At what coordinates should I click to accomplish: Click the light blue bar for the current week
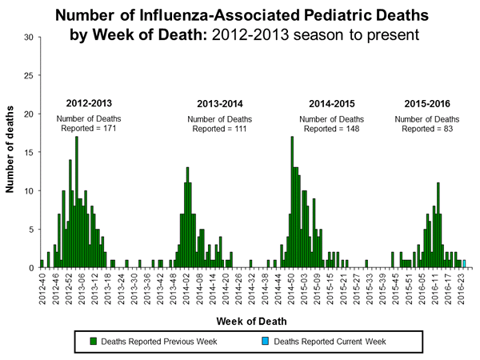pyautogui.click(x=464, y=264)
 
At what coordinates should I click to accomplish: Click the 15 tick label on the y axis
pyautogui.click(x=29, y=153)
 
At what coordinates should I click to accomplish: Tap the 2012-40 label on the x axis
pyautogui.click(x=42, y=286)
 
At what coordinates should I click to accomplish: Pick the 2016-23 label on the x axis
pyautogui.click(x=462, y=286)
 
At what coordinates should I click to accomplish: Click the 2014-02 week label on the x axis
pyautogui.click(x=187, y=286)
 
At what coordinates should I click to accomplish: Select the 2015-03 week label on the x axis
pyautogui.click(x=305, y=286)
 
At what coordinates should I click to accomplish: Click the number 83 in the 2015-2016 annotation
pyautogui.click(x=444, y=129)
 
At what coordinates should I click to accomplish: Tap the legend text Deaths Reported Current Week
pyautogui.click(x=330, y=341)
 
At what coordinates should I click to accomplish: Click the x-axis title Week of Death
pyautogui.click(x=251, y=321)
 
